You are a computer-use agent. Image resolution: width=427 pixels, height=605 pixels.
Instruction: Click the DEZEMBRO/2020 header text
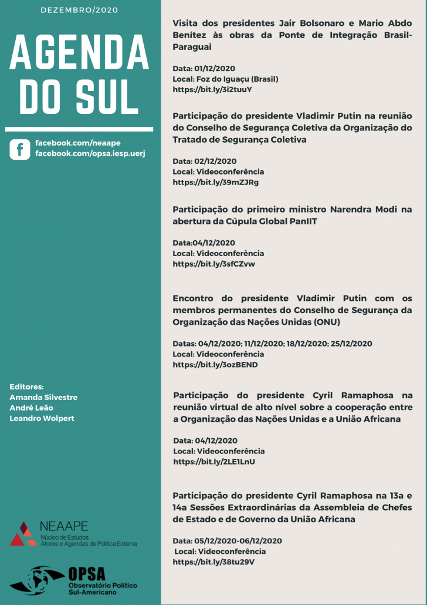point(80,10)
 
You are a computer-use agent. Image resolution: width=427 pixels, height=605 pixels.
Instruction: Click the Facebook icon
point(19,149)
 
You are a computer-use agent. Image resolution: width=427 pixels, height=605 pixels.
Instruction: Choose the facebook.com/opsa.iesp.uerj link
point(90,153)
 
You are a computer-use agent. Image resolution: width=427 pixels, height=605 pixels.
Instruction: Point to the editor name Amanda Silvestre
point(43,397)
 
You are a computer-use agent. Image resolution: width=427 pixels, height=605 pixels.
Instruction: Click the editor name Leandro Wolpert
point(42,418)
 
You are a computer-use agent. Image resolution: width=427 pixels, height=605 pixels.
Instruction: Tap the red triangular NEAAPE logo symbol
point(22,533)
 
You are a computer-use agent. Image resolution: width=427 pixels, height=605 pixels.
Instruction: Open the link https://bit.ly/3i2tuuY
point(212,89)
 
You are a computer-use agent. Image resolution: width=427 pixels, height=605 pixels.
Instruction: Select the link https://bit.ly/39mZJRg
point(215,182)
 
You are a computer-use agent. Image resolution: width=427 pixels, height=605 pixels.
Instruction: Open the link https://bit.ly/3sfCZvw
point(213,264)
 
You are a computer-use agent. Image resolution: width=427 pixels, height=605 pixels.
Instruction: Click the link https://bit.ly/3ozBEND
point(215,365)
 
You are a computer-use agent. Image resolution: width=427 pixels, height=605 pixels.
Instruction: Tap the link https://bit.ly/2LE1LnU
point(214,462)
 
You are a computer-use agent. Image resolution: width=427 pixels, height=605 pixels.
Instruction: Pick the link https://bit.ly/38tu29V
point(213,562)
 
